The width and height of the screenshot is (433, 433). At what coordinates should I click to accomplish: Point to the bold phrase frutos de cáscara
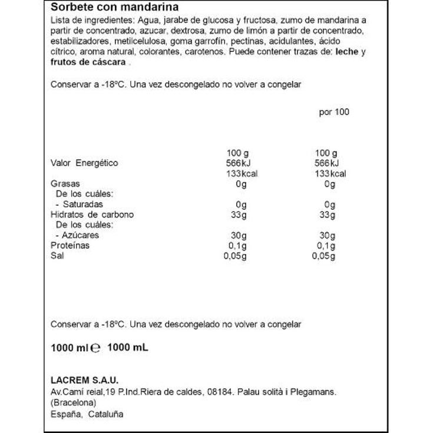pos(88,62)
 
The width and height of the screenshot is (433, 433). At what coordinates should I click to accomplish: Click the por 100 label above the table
pos(334,112)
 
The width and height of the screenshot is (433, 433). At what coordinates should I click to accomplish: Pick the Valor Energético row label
pos(84,163)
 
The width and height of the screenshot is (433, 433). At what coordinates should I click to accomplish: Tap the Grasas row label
pos(65,184)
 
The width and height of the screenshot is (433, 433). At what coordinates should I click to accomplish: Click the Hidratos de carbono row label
pos(92,214)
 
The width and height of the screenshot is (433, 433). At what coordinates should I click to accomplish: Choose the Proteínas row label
pos(70,245)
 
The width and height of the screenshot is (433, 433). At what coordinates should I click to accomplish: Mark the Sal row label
pos(57,256)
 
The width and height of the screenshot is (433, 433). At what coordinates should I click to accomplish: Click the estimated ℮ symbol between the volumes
pos(98,348)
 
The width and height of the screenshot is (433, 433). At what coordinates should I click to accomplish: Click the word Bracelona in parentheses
pos(74,403)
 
